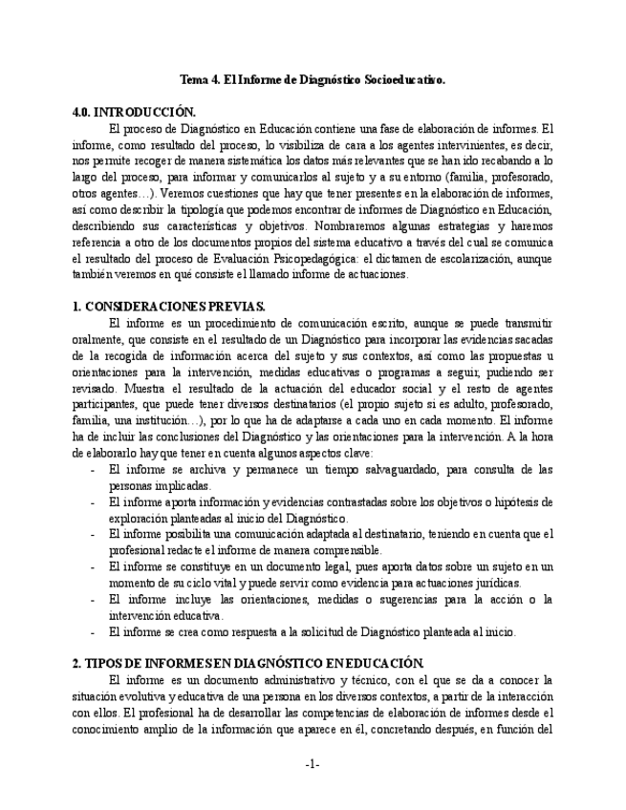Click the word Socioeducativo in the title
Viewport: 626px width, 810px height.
coord(404,82)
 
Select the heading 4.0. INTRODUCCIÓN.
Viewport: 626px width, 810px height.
coord(134,111)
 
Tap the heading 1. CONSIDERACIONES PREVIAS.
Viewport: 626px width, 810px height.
coord(168,307)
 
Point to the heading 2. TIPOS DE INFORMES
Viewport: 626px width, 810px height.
coord(248,662)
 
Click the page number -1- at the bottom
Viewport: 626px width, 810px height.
coord(313,764)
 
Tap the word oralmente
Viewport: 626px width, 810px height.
coord(99,339)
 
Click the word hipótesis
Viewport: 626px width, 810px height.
coord(529,501)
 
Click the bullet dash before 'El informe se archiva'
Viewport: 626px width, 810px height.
coord(91,470)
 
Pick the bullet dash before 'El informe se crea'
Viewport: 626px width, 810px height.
coord(91,632)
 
